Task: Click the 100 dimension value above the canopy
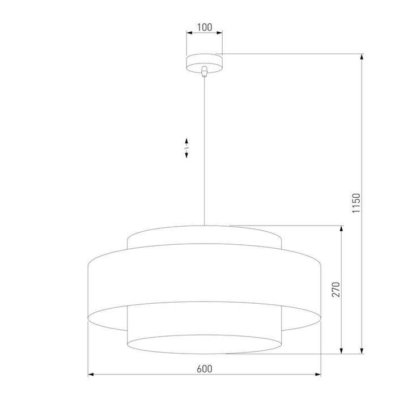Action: [204, 27]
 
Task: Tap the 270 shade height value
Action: [335, 289]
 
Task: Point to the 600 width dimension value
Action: [204, 368]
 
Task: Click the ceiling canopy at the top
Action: [204, 62]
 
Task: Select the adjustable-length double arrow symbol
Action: [186, 148]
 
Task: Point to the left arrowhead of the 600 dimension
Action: [91, 375]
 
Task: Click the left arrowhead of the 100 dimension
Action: [189, 33]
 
